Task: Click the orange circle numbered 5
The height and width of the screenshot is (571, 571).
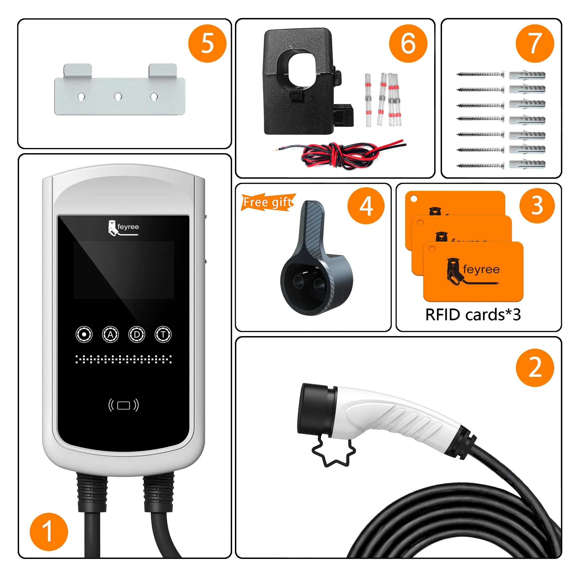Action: coord(207,44)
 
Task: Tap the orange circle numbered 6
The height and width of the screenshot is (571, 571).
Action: coord(408,44)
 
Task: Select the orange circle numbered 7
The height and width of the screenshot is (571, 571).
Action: coord(535,44)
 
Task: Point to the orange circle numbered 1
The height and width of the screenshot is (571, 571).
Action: coord(49,532)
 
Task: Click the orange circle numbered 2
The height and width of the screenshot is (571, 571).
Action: coord(535,368)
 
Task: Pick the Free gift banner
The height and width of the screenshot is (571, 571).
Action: coord(268,202)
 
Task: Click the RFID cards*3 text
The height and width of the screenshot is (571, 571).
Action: coord(473,315)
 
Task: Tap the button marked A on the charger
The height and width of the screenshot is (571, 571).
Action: coord(110,335)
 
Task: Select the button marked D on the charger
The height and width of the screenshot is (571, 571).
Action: coord(137,335)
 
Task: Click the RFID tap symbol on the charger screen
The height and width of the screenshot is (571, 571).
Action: coord(124,405)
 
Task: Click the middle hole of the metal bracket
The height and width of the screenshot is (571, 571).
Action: coord(118,96)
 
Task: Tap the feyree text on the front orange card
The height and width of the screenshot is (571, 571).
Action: coord(481,269)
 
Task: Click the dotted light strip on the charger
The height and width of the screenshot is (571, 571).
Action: coord(124,359)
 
